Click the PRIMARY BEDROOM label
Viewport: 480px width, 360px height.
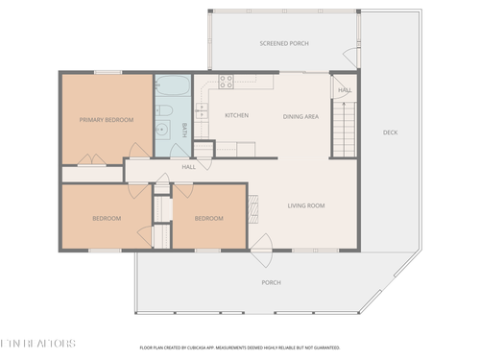tap(106, 119)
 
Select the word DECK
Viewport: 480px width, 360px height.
tap(390, 132)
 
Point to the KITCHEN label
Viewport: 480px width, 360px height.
tap(236, 115)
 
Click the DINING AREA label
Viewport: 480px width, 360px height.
tap(300, 115)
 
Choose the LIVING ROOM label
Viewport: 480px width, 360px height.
tap(306, 205)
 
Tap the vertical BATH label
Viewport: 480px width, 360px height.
tap(185, 130)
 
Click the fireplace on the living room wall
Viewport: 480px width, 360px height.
tap(253, 205)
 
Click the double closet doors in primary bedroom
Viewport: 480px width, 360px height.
tap(92, 159)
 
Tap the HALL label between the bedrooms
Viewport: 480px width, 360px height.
tap(189, 167)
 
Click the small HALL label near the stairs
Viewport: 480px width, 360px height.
tap(344, 90)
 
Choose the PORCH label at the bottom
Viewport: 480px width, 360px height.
tap(272, 282)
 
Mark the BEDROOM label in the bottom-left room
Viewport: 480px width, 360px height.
tap(107, 219)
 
